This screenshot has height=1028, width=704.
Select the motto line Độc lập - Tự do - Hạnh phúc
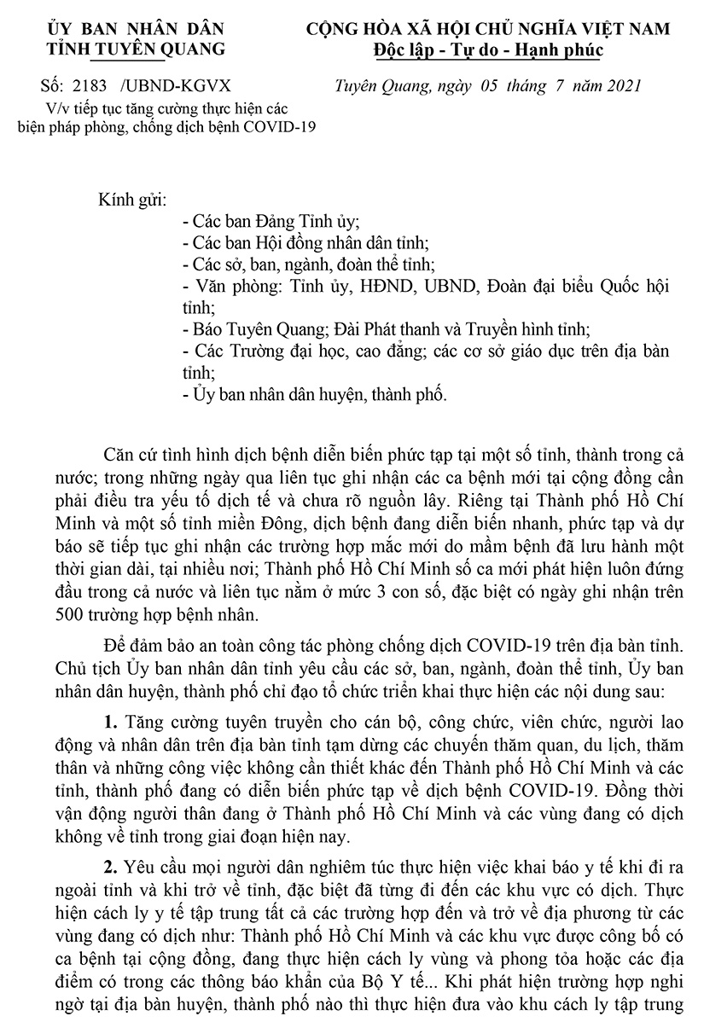(x=488, y=49)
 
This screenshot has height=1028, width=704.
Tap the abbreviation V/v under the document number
(x=58, y=108)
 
